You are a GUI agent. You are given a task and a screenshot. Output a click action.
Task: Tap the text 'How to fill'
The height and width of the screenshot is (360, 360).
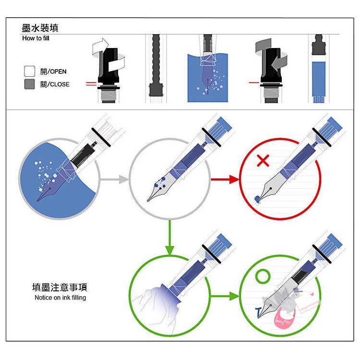point(36,38)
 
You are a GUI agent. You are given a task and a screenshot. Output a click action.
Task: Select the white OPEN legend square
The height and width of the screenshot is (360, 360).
point(30,72)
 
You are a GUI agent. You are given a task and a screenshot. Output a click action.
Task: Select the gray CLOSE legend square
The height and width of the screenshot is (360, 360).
point(30,84)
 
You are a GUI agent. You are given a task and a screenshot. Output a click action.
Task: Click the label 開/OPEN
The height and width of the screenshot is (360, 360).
point(53,72)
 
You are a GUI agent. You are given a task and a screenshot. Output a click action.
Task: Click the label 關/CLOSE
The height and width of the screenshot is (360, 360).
point(55,84)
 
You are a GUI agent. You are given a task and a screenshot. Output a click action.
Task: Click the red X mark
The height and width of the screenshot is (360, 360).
point(263,160)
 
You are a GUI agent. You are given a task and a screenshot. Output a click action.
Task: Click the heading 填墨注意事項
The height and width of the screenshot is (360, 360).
point(60,288)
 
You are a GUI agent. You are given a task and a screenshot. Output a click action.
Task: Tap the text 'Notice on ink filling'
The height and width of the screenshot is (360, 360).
point(60,298)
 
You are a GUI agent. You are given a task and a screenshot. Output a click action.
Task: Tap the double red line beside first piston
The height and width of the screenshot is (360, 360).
point(91,84)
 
